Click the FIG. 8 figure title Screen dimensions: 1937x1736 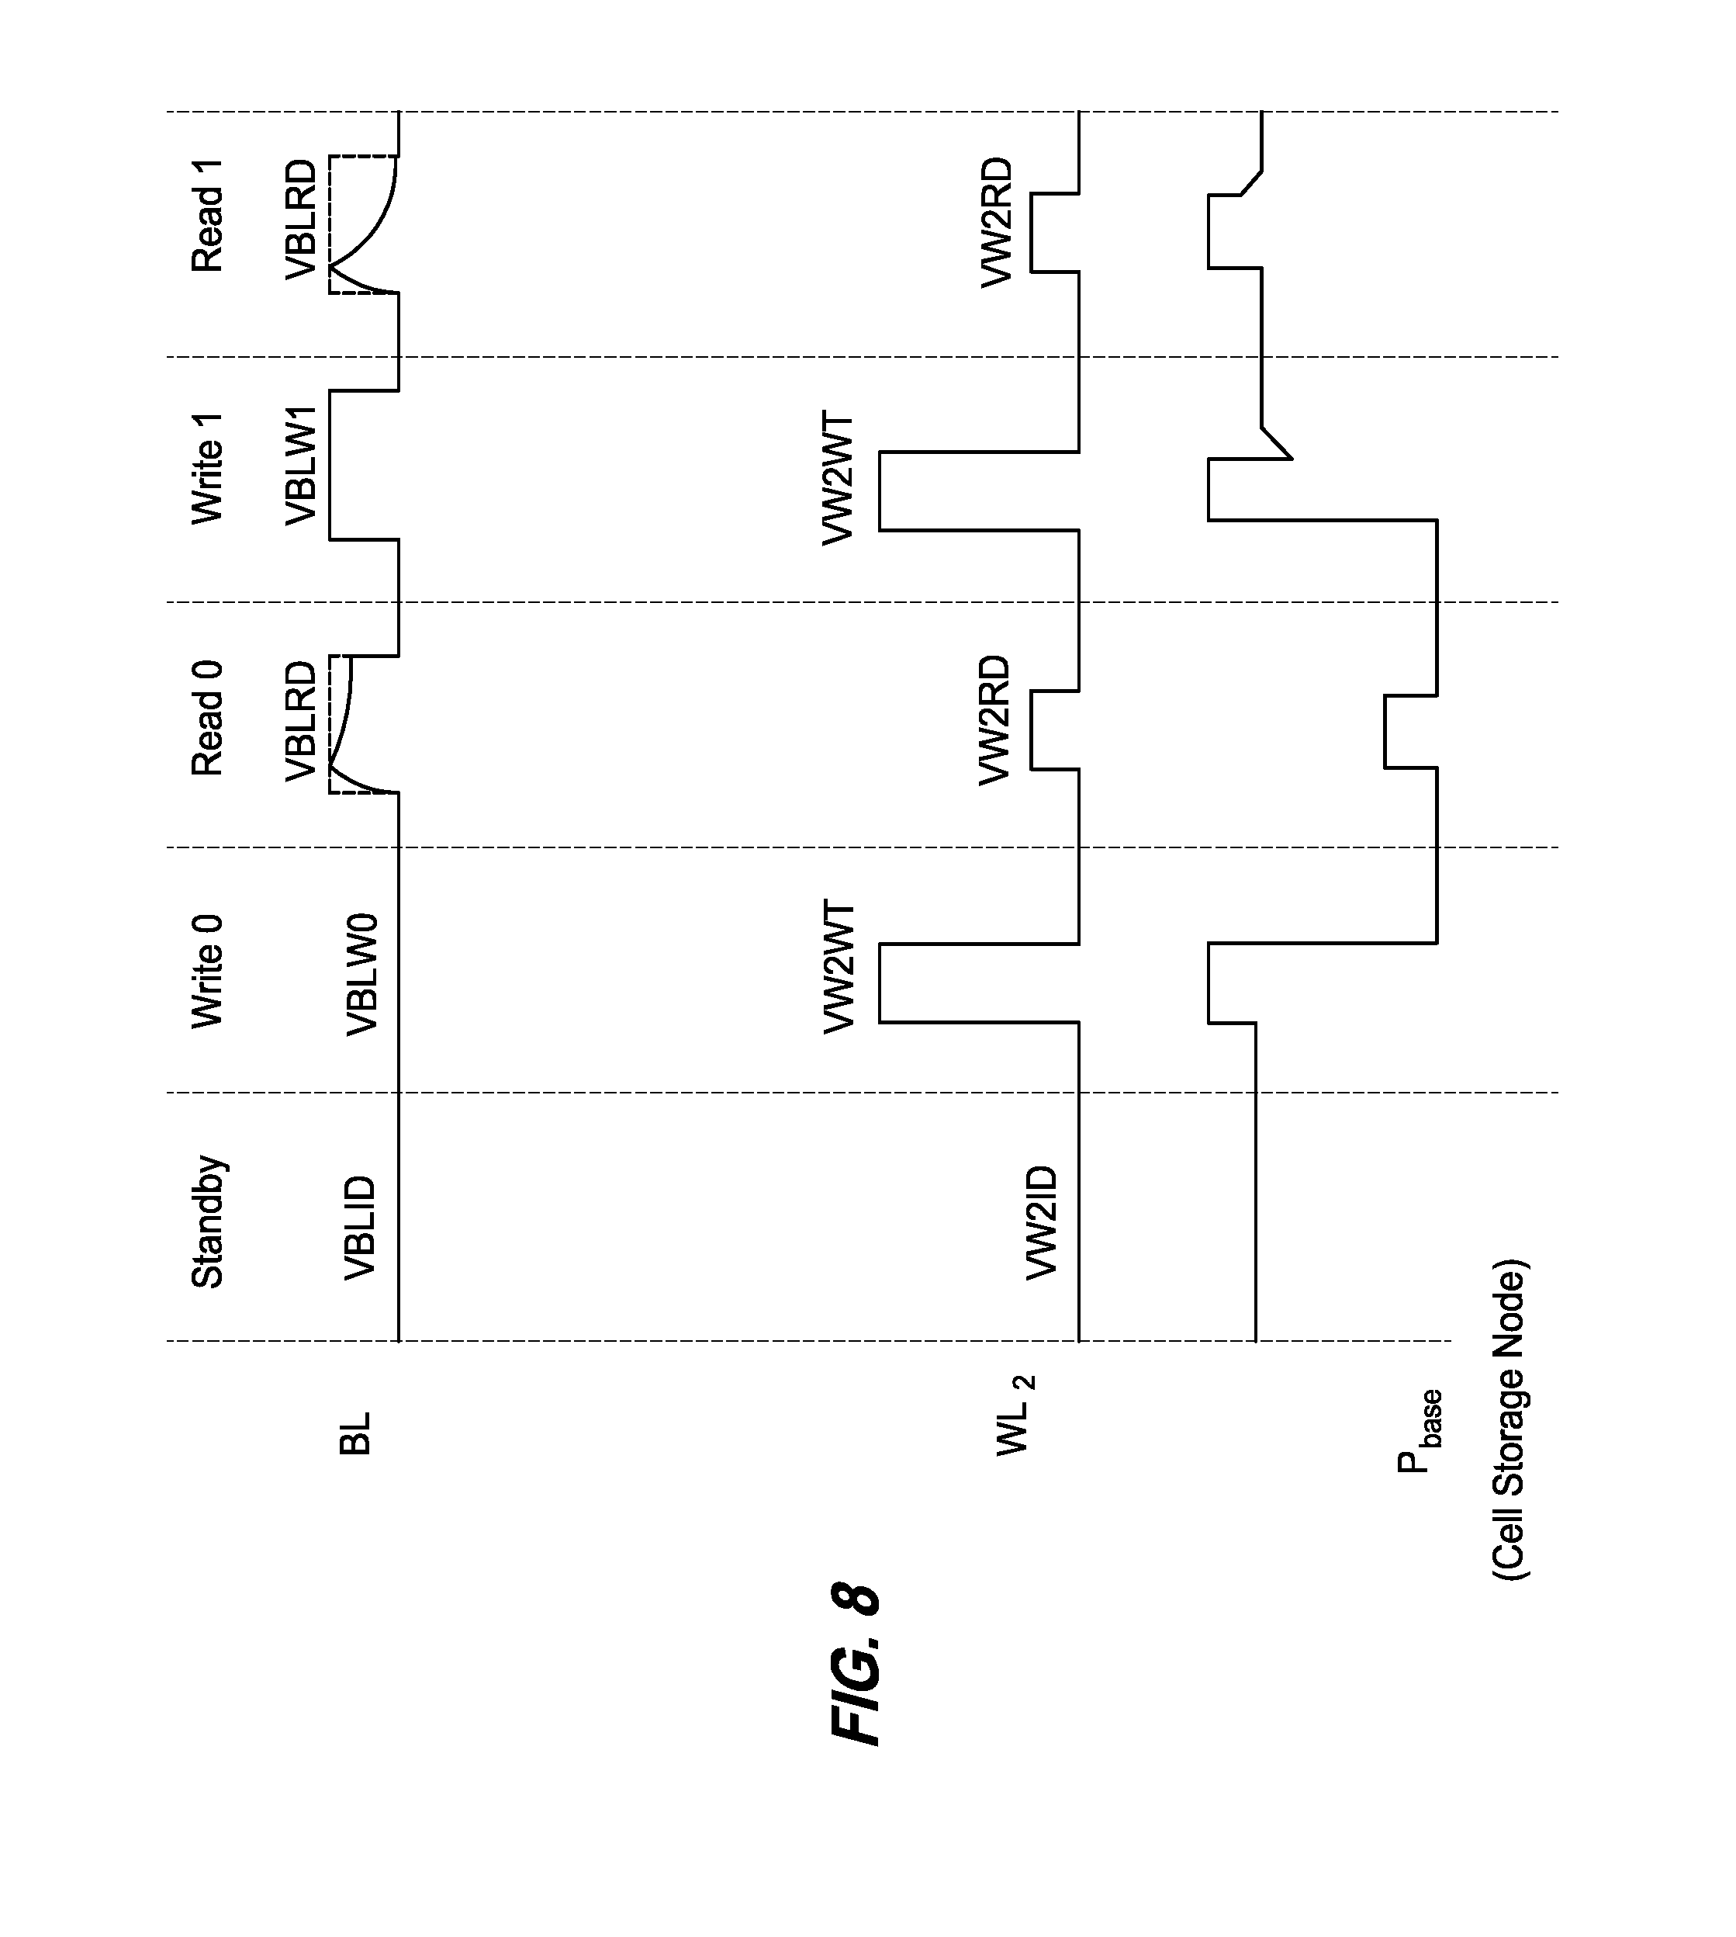[856, 1665]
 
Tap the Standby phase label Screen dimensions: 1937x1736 [208, 1221]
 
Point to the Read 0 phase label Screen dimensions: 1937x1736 [208, 718]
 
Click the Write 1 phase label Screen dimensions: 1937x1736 [208, 467]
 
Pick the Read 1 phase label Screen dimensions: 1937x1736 [208, 216]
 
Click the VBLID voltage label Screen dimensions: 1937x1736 [361, 1227]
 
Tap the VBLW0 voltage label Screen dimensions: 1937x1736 [362, 974]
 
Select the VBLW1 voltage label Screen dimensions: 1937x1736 [302, 465]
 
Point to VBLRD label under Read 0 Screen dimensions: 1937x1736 [302, 720]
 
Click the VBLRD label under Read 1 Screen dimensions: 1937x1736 [302, 220]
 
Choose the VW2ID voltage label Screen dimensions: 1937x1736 [1043, 1221]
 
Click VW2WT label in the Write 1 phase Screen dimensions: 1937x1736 [839, 477]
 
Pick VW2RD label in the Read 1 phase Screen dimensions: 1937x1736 [997, 221]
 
